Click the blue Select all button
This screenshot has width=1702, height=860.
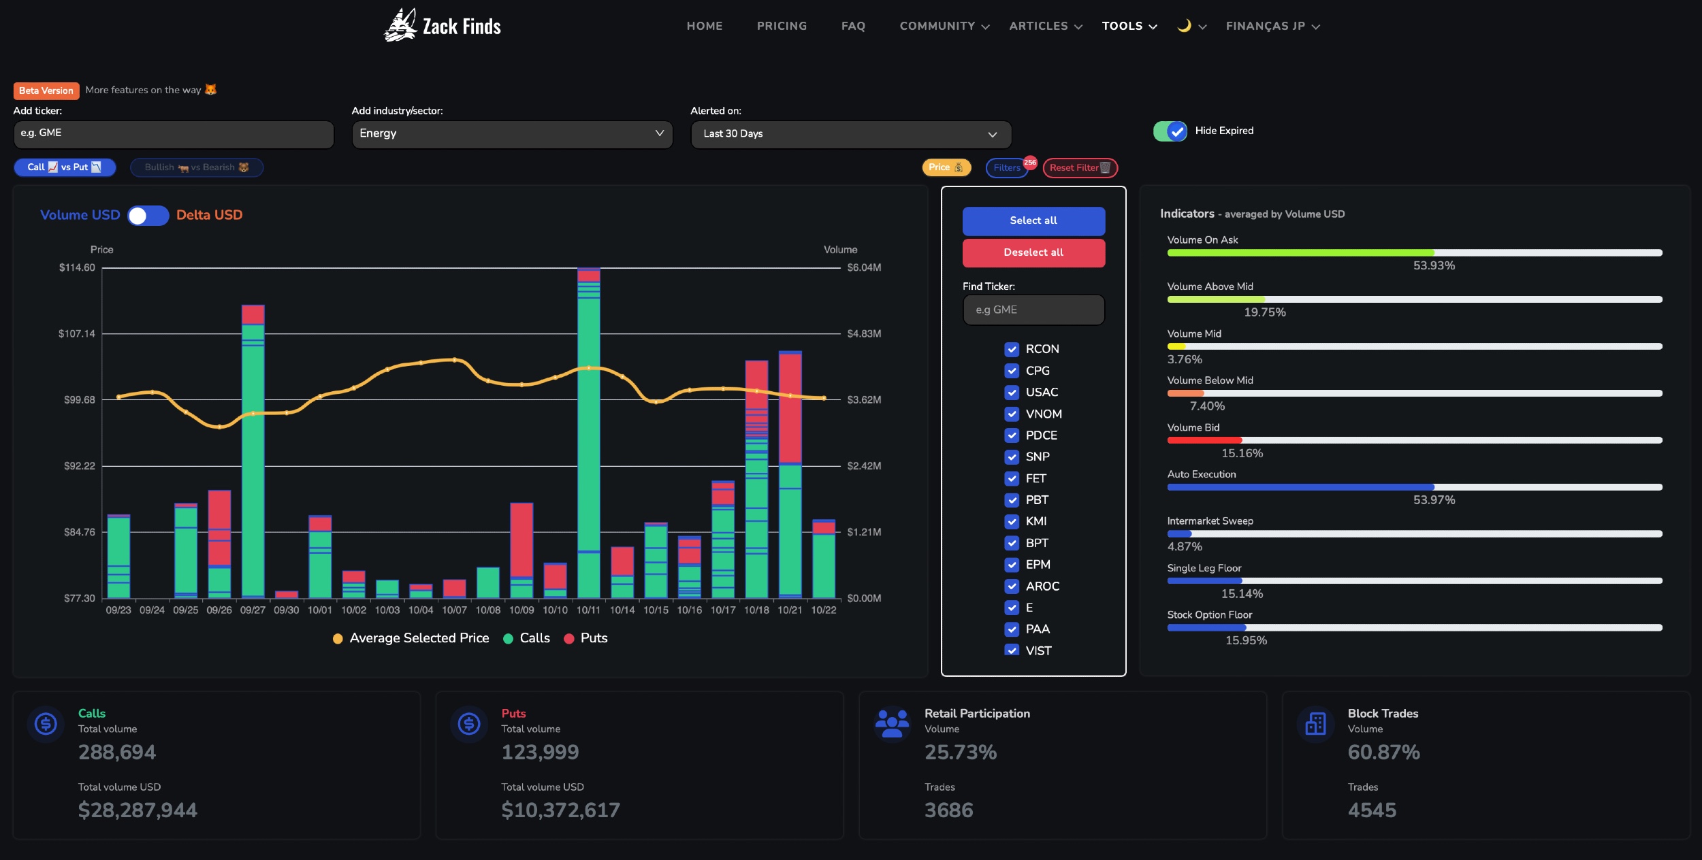[x=1033, y=220]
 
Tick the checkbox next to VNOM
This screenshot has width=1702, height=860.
[x=1012, y=414]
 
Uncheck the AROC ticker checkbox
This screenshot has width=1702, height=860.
[x=1012, y=586]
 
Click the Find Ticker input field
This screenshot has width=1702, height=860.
[x=1033, y=310]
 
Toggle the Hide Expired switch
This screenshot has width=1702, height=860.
[x=1170, y=131]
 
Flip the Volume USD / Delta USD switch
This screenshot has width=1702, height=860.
[x=148, y=216]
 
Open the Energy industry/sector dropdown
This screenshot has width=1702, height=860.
[x=512, y=134]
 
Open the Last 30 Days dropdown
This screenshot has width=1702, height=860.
[x=851, y=134]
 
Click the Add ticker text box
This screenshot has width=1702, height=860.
[x=174, y=134]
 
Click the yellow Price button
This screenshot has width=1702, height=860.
[x=946, y=167]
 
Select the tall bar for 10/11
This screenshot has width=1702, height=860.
[x=589, y=433]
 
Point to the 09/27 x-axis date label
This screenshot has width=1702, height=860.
[x=253, y=610]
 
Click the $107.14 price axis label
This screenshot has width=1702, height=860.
[x=77, y=333]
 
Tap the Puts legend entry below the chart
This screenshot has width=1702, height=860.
[x=586, y=638]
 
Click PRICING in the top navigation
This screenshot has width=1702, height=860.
[x=782, y=26]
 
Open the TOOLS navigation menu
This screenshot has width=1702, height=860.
[x=1129, y=26]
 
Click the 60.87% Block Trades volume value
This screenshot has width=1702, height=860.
[x=1383, y=752]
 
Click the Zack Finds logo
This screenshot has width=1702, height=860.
[x=443, y=26]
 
